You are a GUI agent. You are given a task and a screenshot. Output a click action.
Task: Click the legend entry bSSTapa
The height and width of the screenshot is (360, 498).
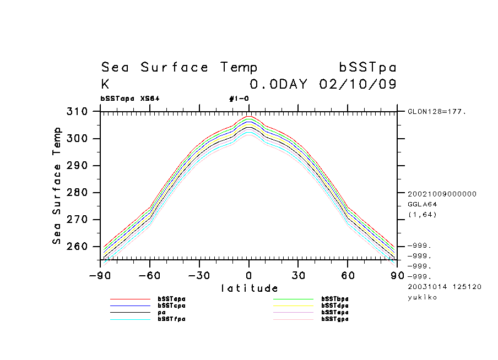click(x=171, y=299)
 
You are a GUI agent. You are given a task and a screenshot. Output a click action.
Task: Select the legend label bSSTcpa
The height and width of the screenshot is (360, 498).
click(x=171, y=306)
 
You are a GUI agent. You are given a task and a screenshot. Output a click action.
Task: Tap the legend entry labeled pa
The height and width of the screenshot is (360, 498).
click(x=162, y=312)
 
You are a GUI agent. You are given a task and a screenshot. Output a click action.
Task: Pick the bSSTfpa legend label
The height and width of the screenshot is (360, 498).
click(x=171, y=319)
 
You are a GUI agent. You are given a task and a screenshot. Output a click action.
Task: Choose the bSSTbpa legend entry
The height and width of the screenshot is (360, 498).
click(x=335, y=299)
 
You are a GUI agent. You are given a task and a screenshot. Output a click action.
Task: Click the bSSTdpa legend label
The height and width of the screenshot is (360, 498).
click(x=335, y=306)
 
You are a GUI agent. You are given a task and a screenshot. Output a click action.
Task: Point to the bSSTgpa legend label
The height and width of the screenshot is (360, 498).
click(x=335, y=319)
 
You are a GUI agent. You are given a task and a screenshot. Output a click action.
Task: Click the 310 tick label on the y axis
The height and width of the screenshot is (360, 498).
click(x=77, y=112)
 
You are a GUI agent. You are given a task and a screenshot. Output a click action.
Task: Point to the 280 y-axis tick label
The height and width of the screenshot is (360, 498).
click(x=77, y=193)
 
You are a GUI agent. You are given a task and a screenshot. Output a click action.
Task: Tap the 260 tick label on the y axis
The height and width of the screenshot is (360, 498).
click(x=77, y=247)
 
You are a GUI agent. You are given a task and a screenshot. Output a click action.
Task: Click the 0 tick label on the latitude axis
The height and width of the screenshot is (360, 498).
click(x=249, y=276)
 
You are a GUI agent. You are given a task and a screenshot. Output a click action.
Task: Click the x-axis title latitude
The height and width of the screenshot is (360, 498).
click(x=250, y=288)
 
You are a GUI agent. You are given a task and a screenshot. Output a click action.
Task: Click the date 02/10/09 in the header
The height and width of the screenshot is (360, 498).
click(x=358, y=85)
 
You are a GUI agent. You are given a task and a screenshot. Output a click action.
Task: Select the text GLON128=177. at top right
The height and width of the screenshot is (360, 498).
click(x=437, y=112)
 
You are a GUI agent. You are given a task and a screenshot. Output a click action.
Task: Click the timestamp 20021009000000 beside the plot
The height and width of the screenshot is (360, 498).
click(x=442, y=194)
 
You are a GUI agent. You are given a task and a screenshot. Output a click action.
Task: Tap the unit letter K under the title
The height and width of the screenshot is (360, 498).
click(x=105, y=85)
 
